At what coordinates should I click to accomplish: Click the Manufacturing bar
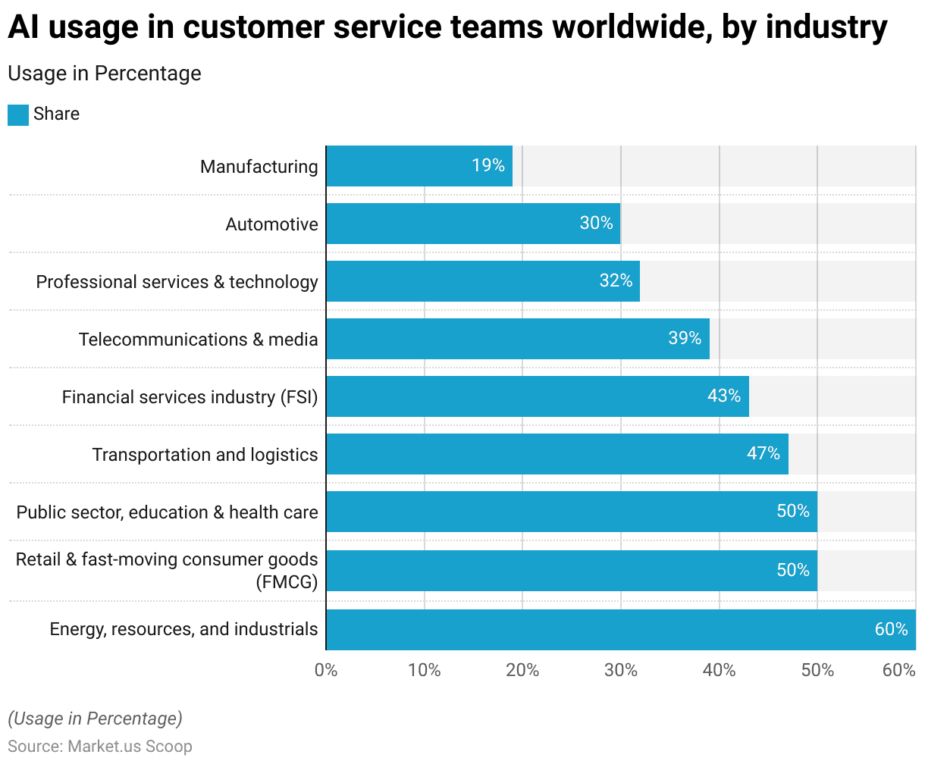click(x=419, y=166)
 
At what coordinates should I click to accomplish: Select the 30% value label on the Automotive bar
click(x=596, y=223)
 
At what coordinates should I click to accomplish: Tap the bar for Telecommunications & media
click(x=518, y=339)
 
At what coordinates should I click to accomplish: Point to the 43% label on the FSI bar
click(x=723, y=396)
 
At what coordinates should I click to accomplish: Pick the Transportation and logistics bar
click(x=557, y=454)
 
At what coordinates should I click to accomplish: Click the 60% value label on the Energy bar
click(x=891, y=629)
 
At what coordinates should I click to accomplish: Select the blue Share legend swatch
click(x=18, y=114)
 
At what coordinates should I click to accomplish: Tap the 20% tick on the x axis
click(x=522, y=670)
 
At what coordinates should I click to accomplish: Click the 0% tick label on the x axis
click(x=326, y=670)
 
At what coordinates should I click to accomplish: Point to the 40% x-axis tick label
click(x=719, y=670)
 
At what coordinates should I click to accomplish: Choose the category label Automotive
click(x=271, y=224)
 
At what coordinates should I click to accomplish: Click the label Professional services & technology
click(x=177, y=282)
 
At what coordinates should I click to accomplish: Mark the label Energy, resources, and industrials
click(x=183, y=629)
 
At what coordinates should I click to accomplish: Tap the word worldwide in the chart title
click(x=630, y=28)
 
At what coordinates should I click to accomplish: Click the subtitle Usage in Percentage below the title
click(x=105, y=74)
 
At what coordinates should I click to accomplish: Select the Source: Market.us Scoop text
click(x=100, y=746)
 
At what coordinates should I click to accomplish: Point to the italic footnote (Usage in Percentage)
click(x=95, y=719)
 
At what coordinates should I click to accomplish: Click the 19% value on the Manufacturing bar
click(x=488, y=165)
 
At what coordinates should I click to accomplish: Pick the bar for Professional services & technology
click(x=483, y=281)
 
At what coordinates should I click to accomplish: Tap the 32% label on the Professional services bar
click(x=616, y=280)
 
